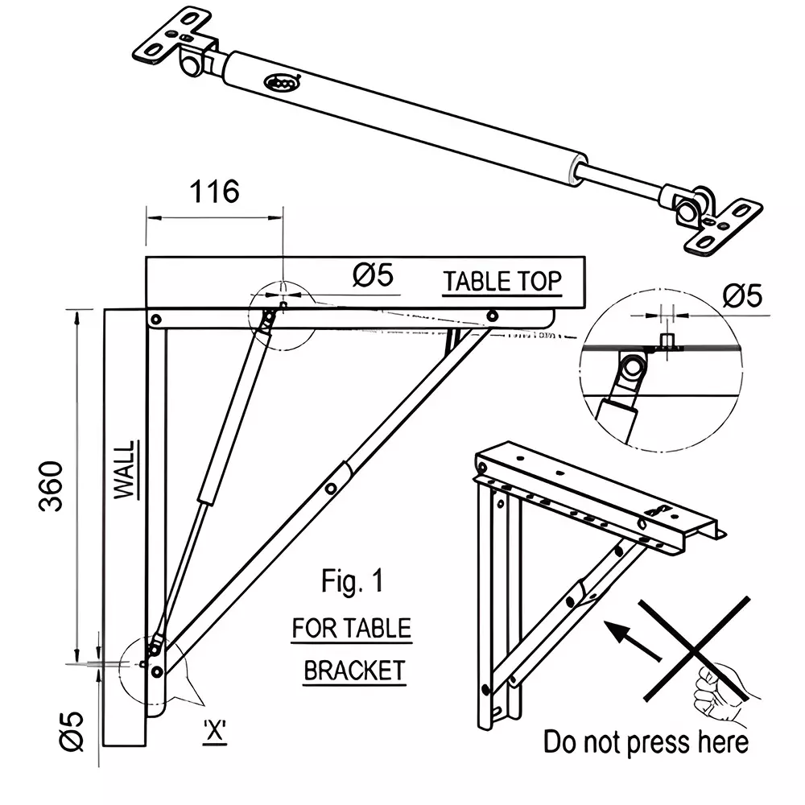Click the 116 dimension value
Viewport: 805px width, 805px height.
[x=214, y=192]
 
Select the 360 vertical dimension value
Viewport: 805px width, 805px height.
[x=52, y=486]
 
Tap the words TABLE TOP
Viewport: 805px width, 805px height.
[x=502, y=281]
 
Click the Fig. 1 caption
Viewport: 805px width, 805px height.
[x=352, y=582]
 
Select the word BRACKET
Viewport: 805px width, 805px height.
[x=354, y=670]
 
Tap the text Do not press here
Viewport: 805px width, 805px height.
[x=646, y=741]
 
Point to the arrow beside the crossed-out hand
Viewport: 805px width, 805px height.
[x=632, y=641]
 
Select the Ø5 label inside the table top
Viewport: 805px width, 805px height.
[x=373, y=276]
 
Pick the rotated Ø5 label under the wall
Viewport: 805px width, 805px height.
[x=72, y=731]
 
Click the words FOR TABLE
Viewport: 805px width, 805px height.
[x=351, y=628]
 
